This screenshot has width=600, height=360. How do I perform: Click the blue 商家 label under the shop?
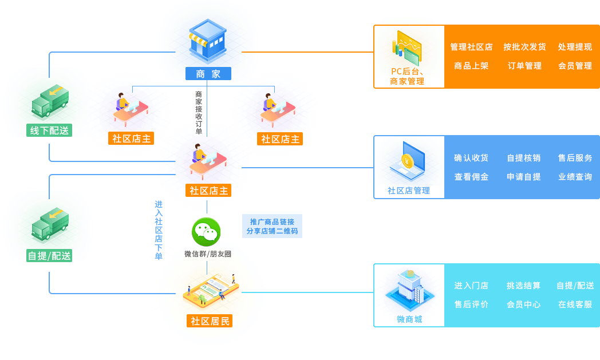click(208, 74)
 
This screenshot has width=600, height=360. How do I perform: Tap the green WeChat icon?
click(206, 232)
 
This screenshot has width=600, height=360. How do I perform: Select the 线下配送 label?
click(49, 130)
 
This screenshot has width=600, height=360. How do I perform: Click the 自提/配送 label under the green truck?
click(49, 256)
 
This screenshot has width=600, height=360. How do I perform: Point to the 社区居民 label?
click(210, 321)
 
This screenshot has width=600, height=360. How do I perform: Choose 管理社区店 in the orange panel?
click(471, 47)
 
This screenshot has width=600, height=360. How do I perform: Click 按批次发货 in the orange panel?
click(524, 47)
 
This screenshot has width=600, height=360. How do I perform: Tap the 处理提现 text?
click(575, 47)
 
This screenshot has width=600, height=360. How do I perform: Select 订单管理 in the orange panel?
click(524, 66)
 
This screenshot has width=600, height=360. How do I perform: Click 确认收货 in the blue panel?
click(471, 158)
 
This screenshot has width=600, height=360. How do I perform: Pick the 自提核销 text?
click(523, 158)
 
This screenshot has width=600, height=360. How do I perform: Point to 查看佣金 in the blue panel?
click(471, 177)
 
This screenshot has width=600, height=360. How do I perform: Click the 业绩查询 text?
click(575, 177)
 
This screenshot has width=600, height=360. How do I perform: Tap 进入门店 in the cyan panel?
click(471, 286)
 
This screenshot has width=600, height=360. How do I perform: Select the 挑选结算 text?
click(523, 286)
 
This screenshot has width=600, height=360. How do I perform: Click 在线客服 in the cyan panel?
click(575, 304)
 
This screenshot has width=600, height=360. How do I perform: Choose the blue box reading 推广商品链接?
click(272, 227)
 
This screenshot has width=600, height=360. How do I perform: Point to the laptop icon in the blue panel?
click(408, 163)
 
